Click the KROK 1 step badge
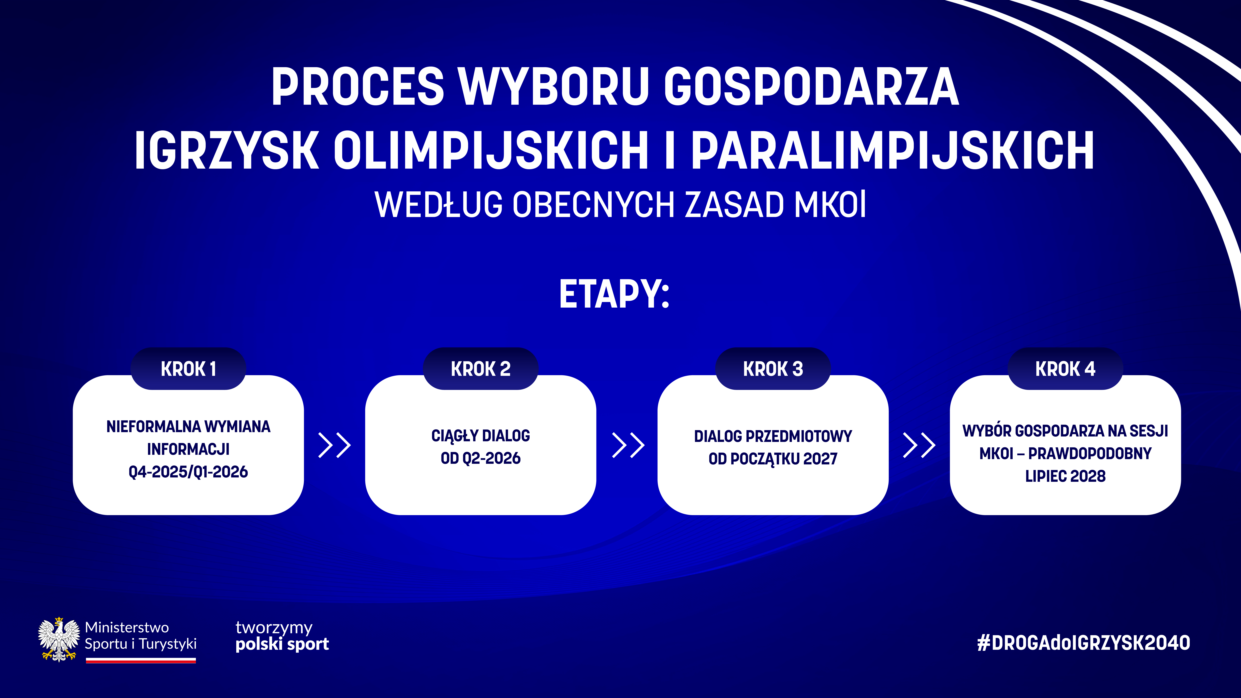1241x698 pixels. tap(188, 369)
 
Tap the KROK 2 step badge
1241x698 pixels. tap(481, 369)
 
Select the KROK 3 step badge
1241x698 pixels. tap(773, 369)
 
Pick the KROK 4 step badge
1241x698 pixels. tap(1066, 369)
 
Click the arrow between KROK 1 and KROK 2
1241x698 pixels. tap(335, 445)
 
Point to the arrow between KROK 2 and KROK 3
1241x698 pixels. tap(628, 445)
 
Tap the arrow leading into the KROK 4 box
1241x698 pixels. tap(919, 445)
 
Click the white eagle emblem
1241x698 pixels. tap(59, 639)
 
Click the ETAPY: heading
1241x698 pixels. tap(614, 294)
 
